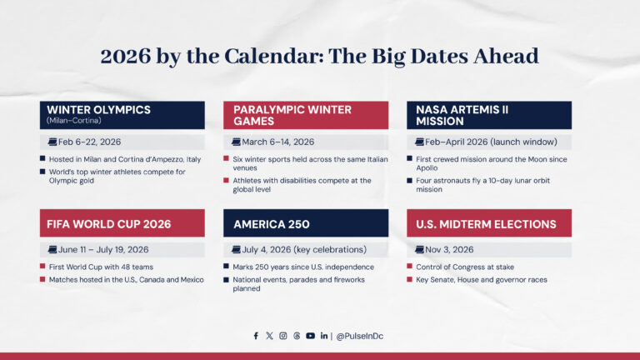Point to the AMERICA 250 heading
coord(272,224)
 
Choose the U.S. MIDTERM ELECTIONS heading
coord(487,224)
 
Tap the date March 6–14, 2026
coord(277,142)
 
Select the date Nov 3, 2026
coord(451,249)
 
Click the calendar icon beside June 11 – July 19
coord(52,249)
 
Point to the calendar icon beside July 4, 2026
coord(237,249)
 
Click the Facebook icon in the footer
coord(256,336)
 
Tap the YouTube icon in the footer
coord(310,336)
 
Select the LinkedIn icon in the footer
coord(323,336)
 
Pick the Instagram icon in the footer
coord(282,336)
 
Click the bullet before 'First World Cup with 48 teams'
coord(42,267)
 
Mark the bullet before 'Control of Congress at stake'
coord(410,267)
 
